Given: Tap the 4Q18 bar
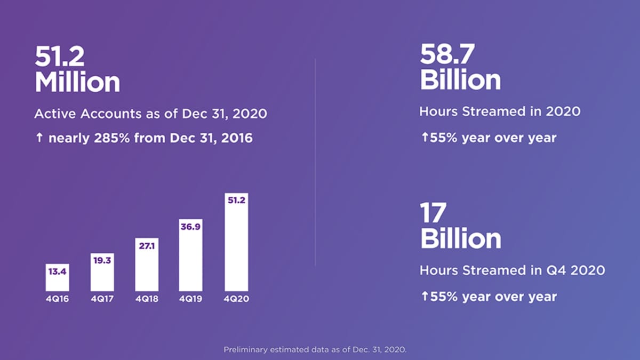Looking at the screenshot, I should point(146,267).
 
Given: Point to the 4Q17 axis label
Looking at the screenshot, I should point(102,299).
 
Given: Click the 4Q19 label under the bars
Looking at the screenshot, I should point(190,299).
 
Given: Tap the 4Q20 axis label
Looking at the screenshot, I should point(236,299).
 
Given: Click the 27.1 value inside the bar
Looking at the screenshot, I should point(146,246).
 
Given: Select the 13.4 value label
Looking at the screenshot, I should point(58,272).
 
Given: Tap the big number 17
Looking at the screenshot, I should point(433,213).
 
